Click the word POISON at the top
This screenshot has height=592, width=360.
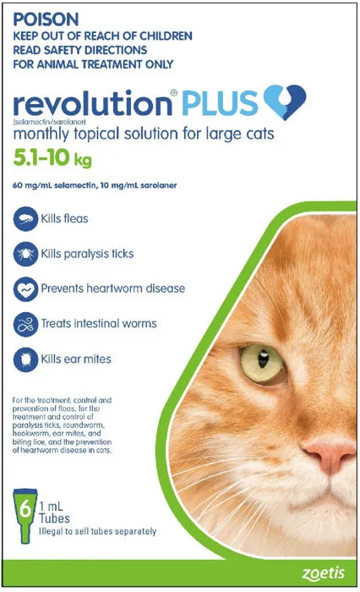45,17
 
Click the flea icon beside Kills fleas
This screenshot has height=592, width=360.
25,218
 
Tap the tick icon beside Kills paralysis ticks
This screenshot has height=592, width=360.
25,253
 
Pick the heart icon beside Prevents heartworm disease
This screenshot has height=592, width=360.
25,288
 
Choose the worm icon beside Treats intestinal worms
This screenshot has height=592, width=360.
25,324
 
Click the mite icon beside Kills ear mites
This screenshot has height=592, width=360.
25,359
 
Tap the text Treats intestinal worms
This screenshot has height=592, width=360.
98,324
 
